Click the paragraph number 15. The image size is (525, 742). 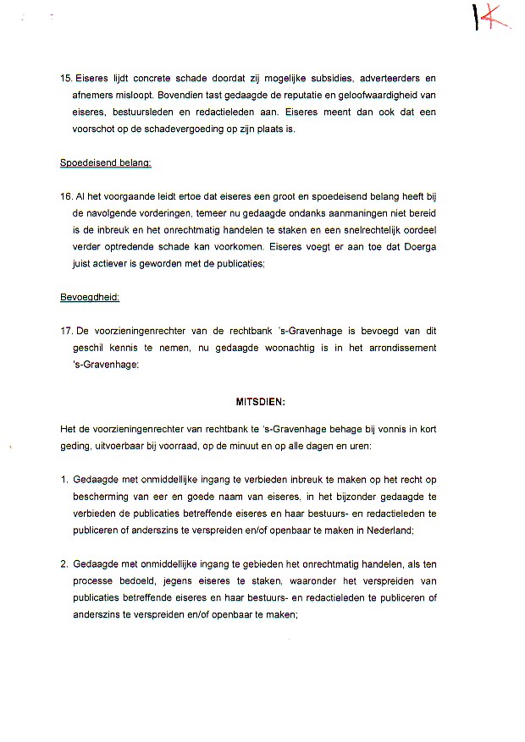(66, 78)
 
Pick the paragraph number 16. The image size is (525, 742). (66, 196)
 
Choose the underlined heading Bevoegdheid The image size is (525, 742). (90, 297)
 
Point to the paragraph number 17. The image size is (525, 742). (66, 331)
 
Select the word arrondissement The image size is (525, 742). (404, 348)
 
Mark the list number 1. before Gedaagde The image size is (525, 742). (64, 480)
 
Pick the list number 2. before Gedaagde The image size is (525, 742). (64, 563)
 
